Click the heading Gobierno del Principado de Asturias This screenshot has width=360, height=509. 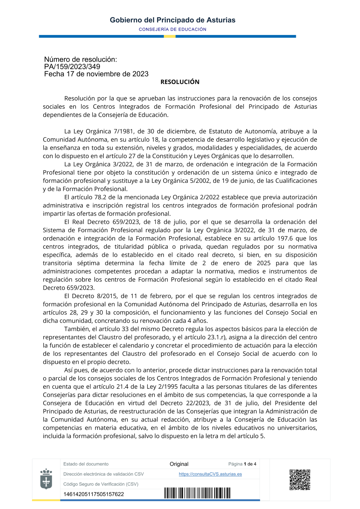[172, 20]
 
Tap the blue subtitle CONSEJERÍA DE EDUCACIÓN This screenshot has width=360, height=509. [172, 30]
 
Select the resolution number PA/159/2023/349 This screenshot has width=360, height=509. [72, 67]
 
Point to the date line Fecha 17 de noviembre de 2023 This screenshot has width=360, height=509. [96, 74]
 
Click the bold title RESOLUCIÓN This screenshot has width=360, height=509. [180, 82]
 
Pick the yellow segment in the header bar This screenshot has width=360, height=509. [170, 36]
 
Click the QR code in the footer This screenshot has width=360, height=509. [300, 479]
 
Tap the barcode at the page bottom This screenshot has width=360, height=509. [197, 493]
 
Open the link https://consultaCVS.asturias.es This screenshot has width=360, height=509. [210, 474]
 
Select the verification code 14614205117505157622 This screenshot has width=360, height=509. [94, 494]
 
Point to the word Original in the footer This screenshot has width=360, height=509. [179, 464]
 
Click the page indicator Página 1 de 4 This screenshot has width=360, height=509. [242, 464]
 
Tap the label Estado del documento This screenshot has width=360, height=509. [86, 464]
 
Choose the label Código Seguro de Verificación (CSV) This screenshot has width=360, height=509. [101, 484]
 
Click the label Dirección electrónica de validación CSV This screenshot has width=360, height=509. [103, 474]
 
